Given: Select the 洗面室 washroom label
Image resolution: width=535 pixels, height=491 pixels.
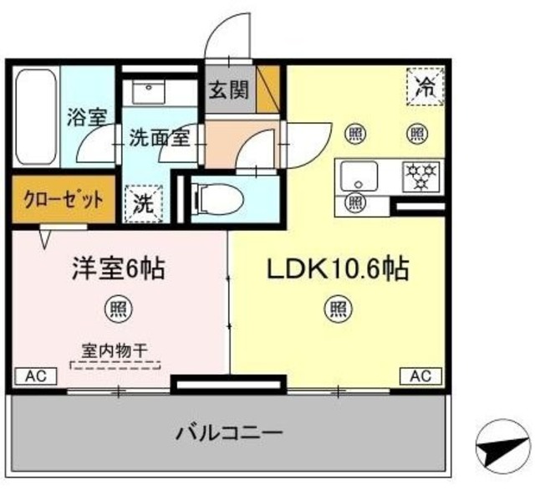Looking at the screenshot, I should (x=159, y=139).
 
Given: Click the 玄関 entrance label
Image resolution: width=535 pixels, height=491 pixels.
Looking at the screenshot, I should (x=228, y=90).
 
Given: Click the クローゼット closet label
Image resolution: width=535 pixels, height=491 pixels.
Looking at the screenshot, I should (x=64, y=200).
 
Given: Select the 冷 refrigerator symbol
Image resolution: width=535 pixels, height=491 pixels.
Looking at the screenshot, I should (x=425, y=86).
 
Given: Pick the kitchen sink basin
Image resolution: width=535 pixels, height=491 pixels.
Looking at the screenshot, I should (x=358, y=176).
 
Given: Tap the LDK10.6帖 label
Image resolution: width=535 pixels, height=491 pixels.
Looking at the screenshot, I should (x=337, y=269).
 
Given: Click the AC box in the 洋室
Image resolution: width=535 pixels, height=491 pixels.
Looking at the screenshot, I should (x=34, y=376).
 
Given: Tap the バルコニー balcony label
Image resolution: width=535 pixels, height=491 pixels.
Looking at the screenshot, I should (x=229, y=434).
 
